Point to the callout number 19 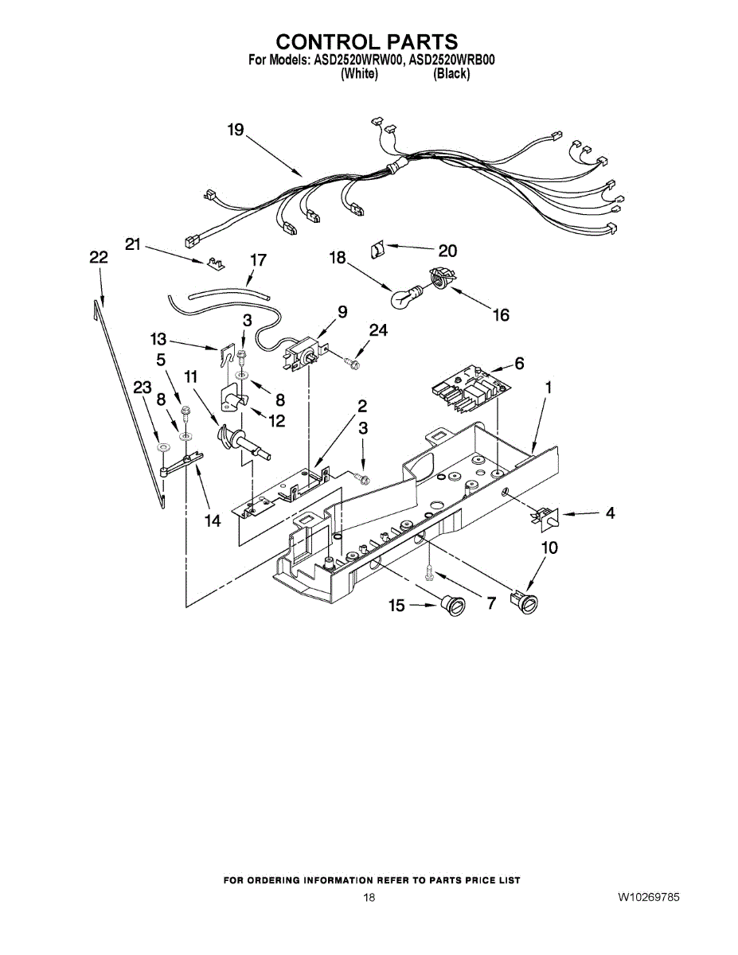click(235, 130)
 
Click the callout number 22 click(98, 257)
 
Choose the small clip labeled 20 click(377, 250)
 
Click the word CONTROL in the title click(326, 41)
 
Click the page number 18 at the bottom click(369, 898)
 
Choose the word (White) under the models click(358, 73)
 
